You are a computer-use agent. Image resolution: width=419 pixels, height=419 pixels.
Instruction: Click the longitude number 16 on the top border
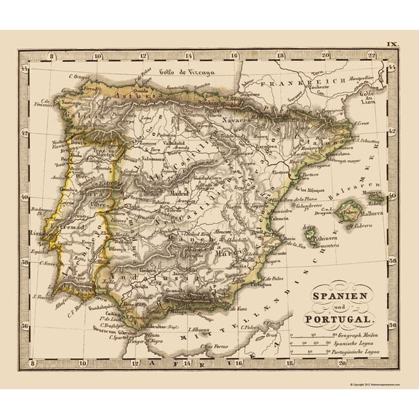pos(235,55)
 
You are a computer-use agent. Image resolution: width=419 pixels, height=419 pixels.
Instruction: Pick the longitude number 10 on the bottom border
pos(82,362)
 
